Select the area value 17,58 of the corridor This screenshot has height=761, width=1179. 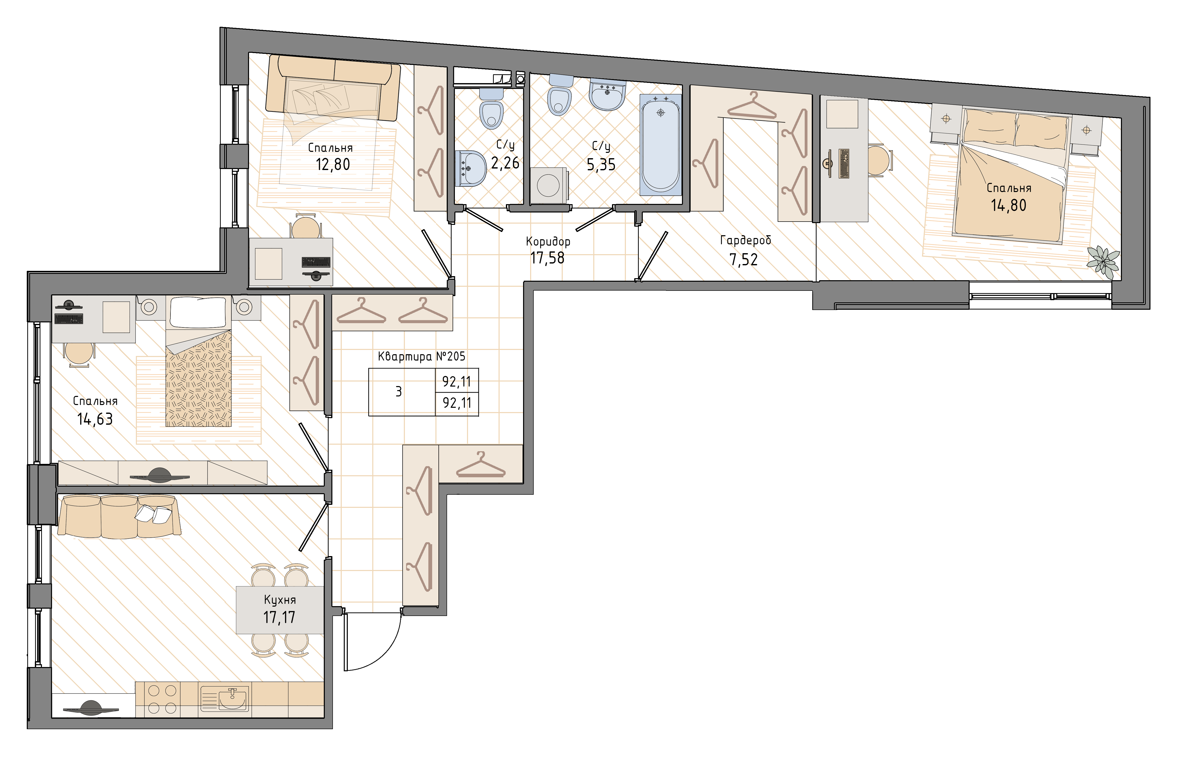tap(547, 258)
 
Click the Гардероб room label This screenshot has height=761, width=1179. tap(745, 241)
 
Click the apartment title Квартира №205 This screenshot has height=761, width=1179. tap(421, 356)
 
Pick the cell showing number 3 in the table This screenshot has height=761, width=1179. tap(399, 392)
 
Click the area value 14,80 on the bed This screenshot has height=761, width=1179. tap(1009, 205)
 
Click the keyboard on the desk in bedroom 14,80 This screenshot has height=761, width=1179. tap(844, 163)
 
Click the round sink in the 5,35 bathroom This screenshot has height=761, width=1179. tap(607, 95)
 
